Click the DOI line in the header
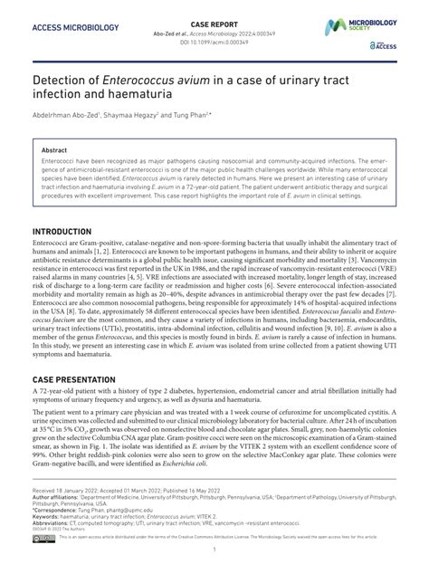(214, 40)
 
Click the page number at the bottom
(214, 550)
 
